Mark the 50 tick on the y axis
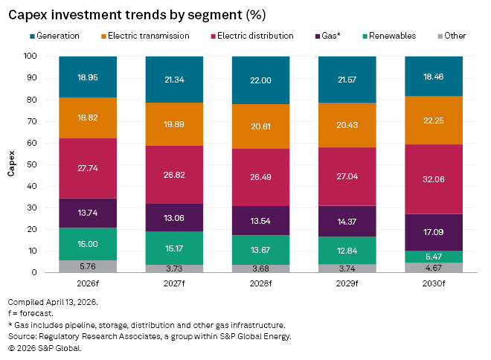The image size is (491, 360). click(x=32, y=164)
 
